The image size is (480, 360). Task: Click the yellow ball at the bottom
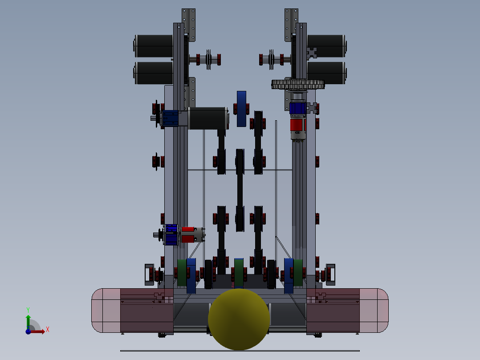point(239,319)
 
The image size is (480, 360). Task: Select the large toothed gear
point(298,84)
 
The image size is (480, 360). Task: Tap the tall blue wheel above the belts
point(241,109)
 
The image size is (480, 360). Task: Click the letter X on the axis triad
point(48,330)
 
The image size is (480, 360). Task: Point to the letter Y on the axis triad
point(28,310)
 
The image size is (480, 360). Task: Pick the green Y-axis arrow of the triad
point(28,322)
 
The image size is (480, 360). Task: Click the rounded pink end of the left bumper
point(106,311)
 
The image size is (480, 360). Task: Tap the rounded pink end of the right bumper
point(374,311)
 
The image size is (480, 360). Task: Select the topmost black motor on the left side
point(153,46)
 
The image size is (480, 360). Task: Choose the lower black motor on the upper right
point(327,73)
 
